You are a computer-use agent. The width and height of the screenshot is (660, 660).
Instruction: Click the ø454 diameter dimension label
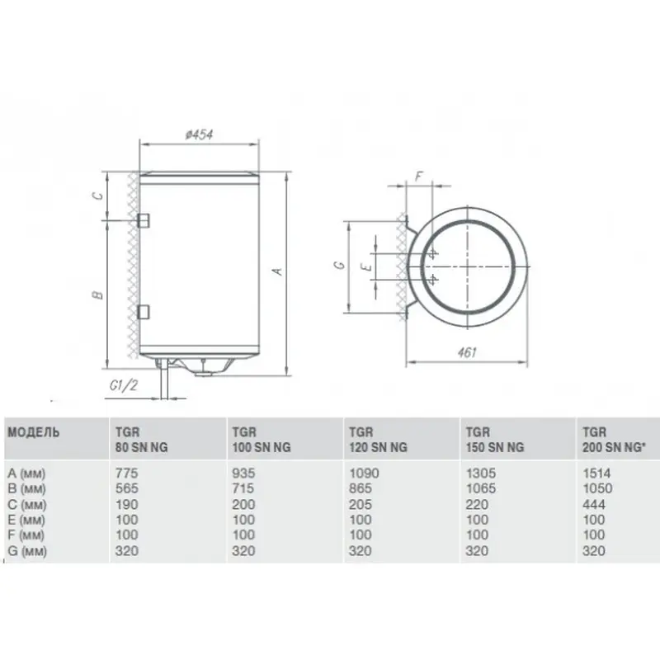(199, 134)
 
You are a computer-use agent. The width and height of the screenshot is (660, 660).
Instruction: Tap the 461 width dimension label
(466, 352)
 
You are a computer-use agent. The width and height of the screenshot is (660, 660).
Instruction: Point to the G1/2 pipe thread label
(123, 384)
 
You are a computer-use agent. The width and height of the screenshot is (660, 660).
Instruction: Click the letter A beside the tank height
(277, 271)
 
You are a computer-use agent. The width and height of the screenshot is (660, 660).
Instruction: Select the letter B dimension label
(97, 295)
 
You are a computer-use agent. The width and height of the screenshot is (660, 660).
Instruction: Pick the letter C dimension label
(97, 196)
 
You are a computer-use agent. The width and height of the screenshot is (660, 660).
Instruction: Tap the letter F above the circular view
(418, 177)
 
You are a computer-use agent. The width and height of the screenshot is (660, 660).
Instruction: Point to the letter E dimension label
(367, 266)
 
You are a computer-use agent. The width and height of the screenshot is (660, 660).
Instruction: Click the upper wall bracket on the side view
(144, 220)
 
